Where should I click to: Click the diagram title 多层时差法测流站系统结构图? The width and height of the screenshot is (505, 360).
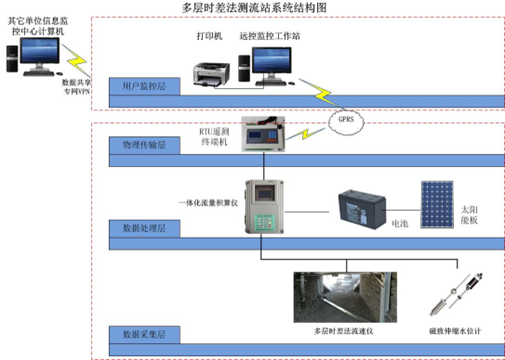[x=254, y=7]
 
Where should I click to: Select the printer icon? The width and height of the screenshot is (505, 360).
[x=212, y=71]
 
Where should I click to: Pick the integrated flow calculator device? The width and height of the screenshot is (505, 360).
[x=264, y=206]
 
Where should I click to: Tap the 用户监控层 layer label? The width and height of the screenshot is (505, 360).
[x=143, y=88]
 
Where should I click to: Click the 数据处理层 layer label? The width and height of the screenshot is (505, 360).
[x=144, y=229]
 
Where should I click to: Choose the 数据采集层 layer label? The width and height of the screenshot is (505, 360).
[x=144, y=332]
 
